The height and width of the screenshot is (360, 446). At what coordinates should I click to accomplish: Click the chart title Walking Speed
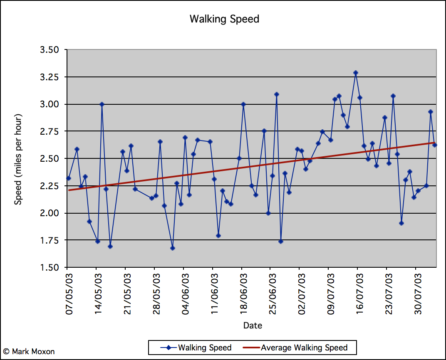pos(224,19)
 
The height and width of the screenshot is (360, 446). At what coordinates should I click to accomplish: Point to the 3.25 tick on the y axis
pos(49,77)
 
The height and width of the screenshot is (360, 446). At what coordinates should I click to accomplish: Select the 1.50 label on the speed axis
pos(49,267)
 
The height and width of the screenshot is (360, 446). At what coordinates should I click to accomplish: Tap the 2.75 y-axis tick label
pos(49,131)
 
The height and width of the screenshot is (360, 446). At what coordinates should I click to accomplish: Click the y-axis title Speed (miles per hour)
pos(18,159)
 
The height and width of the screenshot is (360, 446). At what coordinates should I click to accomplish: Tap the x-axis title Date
pos(253,325)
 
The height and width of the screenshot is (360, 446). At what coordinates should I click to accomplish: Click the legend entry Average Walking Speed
pos(304,348)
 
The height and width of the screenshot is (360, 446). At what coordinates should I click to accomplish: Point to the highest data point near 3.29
pos(356,73)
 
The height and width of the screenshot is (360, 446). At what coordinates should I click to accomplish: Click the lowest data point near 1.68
pos(173,248)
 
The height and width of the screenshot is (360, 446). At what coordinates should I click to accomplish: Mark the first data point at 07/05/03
pos(69,178)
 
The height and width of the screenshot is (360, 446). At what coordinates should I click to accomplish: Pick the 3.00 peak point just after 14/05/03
pos(102,104)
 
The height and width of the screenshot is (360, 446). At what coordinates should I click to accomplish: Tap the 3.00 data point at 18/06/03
pos(243,104)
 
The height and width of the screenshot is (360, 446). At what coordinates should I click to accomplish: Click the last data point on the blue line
pos(435,145)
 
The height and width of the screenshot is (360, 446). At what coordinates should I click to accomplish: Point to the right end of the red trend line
pos(434,143)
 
